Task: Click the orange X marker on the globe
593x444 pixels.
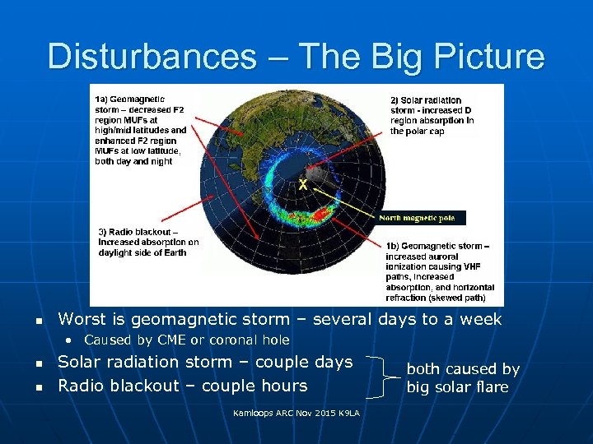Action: pos(303,186)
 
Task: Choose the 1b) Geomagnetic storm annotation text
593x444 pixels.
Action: pos(440,271)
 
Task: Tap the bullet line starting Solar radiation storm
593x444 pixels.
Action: pos(205,362)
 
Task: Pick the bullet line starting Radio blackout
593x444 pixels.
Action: pos(182,386)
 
